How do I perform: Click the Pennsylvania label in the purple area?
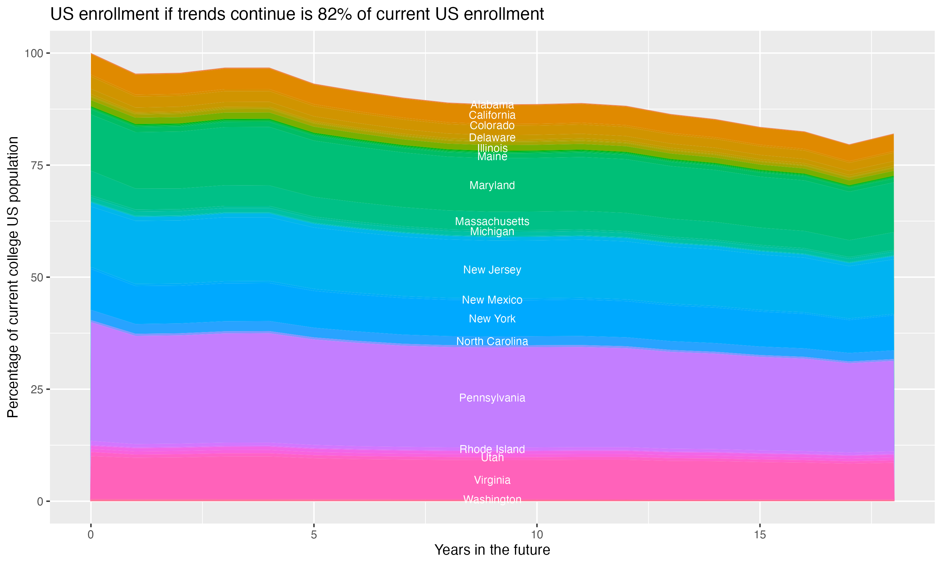[492, 398]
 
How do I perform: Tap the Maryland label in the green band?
[492, 186]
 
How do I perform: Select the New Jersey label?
[492, 270]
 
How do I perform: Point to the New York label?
[492, 319]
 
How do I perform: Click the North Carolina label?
[492, 341]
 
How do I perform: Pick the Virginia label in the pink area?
[492, 480]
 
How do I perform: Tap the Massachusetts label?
[492, 221]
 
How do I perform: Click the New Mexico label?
[492, 300]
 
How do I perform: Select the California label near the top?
[492, 115]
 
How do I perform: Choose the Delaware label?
[492, 137]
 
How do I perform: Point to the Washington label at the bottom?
[492, 499]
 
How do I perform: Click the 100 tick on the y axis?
[34, 53]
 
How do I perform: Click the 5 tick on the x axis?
[314, 535]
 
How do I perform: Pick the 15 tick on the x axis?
[760, 535]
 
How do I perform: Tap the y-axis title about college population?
[13, 277]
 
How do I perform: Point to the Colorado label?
[492, 126]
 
